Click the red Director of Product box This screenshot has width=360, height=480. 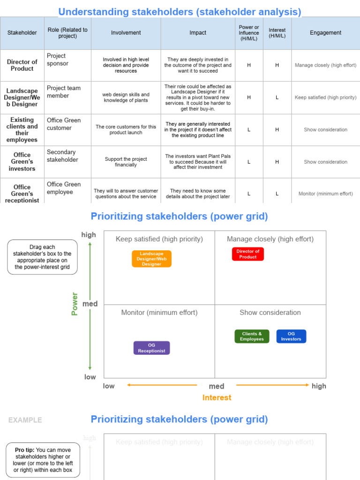[247, 254]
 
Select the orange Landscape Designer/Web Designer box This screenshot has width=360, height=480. [151, 259]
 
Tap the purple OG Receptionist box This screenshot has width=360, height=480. [151, 348]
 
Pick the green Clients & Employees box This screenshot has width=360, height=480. [252, 337]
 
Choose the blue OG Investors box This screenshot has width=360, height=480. [291, 337]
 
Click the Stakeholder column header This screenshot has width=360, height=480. [22, 33]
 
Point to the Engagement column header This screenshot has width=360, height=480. [325, 33]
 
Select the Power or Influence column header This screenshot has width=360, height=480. [249, 33]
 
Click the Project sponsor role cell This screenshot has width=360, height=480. [58, 60]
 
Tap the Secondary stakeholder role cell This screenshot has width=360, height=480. [62, 156]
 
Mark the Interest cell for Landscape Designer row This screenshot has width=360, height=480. [277, 97]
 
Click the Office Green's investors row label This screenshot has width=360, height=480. [22, 162]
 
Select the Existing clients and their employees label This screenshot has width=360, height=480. [22, 130]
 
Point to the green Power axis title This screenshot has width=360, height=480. [75, 304]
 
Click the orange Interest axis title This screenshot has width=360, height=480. [217, 397]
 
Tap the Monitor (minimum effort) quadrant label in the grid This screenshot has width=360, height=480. [159, 313]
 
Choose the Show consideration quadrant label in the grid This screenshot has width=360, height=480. [270, 313]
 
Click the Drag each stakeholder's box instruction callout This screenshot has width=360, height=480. [43, 257]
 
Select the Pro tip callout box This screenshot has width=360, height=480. [44, 460]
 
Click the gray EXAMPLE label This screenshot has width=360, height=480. [25, 420]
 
